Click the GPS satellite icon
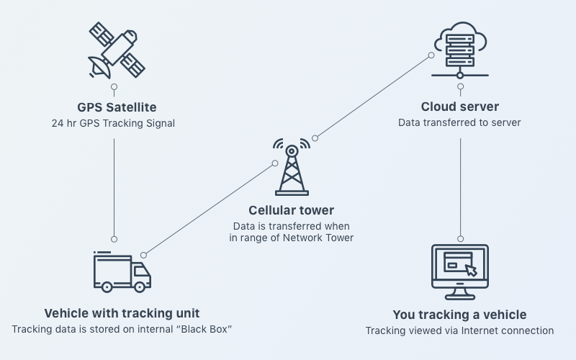click(x=117, y=50)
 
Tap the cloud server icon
click(x=460, y=50)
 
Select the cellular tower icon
click(x=292, y=167)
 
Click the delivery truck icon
click(x=122, y=272)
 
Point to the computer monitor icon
click(x=460, y=272)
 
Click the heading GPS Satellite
click(x=117, y=107)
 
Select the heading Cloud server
click(x=460, y=107)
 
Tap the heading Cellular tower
click(x=292, y=210)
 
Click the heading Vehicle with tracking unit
click(x=122, y=313)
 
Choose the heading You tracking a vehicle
click(x=459, y=315)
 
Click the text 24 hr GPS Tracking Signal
click(x=113, y=123)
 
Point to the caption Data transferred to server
click(x=459, y=122)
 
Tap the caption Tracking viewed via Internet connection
click(x=459, y=330)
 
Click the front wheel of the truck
click(x=140, y=287)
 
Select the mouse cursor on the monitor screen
click(x=471, y=270)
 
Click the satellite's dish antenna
click(x=99, y=68)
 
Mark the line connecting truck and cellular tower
click(x=210, y=209)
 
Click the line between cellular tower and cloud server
click(x=373, y=96)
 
